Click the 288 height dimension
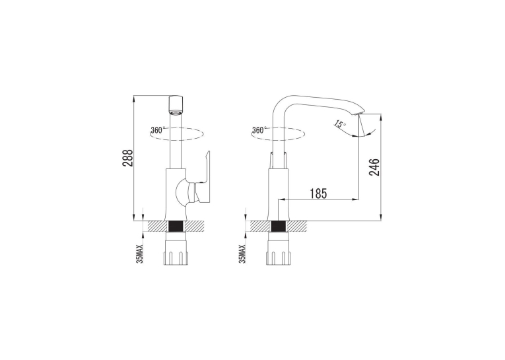coord(128,158)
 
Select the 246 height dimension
coord(374,167)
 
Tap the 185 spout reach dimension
coord(318,194)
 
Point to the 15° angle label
coord(340,124)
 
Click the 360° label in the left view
coord(158,130)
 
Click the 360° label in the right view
coord(259,130)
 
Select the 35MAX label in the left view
coord(140,254)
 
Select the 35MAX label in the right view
coord(242,254)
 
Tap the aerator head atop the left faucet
coord(176,106)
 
